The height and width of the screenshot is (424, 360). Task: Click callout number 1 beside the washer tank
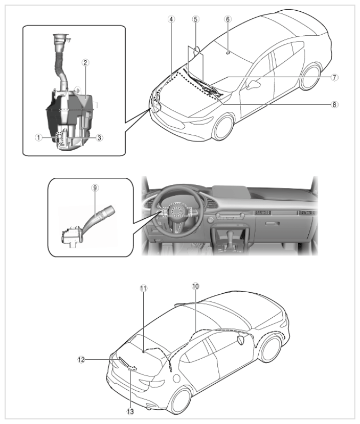[x=38, y=137]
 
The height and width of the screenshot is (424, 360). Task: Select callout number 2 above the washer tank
[x=85, y=63]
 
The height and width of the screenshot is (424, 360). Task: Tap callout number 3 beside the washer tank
[x=99, y=137]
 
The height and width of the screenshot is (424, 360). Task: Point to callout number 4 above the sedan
[x=171, y=19]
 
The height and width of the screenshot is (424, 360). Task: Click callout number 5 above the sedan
[x=195, y=19]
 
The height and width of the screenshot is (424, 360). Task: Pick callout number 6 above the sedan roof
[x=228, y=19]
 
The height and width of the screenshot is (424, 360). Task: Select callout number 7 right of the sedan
[x=334, y=77]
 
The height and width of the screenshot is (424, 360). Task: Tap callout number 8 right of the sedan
[x=334, y=104]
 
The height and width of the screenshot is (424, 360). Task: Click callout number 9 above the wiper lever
[x=95, y=188]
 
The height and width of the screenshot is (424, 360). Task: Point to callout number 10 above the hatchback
[x=195, y=286]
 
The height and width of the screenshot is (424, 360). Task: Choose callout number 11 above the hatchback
[x=144, y=288]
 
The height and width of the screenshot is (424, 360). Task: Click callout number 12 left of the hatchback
[x=81, y=360]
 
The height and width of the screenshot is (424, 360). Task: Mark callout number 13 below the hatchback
[x=130, y=412]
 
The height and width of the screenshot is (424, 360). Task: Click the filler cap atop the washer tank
[x=61, y=38]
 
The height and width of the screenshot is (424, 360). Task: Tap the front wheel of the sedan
[x=223, y=127]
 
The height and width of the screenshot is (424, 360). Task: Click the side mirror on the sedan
[x=254, y=84]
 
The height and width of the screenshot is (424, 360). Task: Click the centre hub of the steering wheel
[x=177, y=210]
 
